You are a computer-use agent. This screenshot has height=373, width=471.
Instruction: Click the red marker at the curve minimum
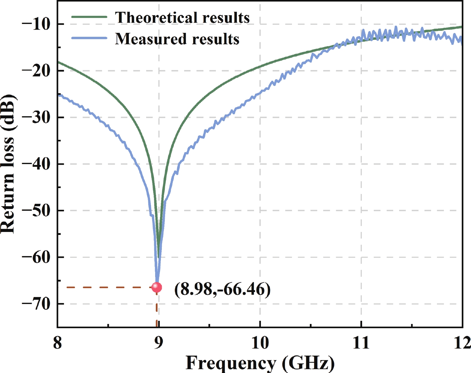point(157,287)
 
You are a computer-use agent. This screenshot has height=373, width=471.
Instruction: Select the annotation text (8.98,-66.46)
point(222,289)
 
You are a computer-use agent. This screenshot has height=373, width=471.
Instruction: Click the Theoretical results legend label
point(182,18)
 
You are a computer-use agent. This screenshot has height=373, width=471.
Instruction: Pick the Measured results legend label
point(177,39)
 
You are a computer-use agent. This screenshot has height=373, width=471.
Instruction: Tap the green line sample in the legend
point(89,17)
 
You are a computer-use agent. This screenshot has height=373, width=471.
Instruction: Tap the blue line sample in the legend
point(89,38)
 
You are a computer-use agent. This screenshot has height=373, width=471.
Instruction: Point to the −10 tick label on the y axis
point(36,24)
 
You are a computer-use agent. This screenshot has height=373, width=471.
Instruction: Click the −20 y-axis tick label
point(36,71)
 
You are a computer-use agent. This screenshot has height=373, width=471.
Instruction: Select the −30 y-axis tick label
point(36,117)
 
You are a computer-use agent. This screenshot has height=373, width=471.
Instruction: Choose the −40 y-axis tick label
point(36,164)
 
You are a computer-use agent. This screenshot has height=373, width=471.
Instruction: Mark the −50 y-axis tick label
point(36,211)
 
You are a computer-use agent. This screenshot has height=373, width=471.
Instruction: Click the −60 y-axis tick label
point(36,257)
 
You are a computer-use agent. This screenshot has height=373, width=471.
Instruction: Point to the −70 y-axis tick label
point(36,304)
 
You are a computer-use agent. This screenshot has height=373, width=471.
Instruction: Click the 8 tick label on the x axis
point(57,343)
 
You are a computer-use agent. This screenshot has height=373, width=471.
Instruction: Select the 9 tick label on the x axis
point(158,343)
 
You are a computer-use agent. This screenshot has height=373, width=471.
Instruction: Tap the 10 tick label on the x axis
point(260,343)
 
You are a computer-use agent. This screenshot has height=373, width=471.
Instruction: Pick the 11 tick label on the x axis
point(361,343)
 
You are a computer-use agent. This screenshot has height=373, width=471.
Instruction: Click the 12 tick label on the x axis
point(462,343)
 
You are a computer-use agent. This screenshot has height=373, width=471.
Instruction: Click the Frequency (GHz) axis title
point(260,363)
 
